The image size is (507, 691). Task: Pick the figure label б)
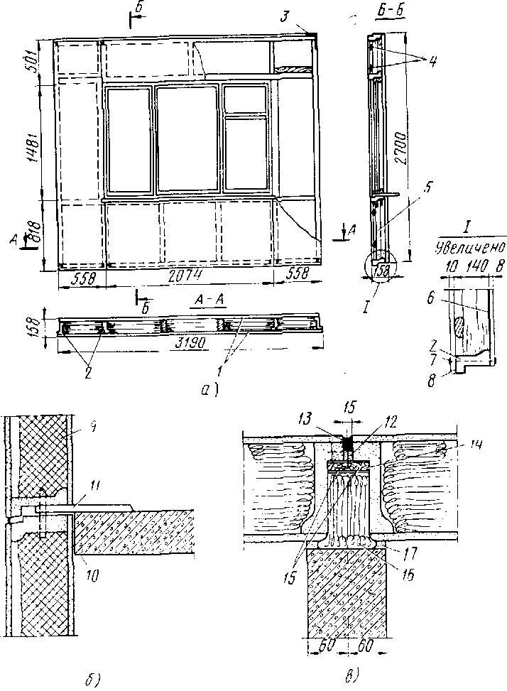90,680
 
